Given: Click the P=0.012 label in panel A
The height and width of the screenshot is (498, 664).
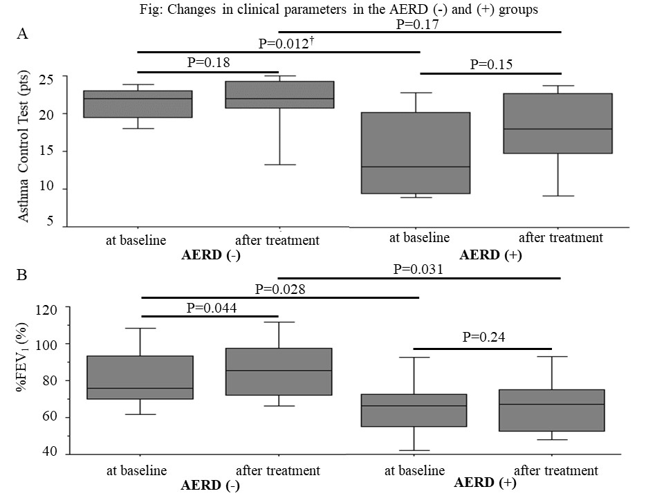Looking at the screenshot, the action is tap(286, 43).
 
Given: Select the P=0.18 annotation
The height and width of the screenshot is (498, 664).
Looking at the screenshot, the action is tap(208, 62).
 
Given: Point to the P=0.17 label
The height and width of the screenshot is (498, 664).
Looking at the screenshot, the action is tap(417, 24).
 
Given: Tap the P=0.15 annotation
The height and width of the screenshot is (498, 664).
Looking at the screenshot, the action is tap(491, 64).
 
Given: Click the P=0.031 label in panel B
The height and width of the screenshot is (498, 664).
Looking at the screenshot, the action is tap(418, 269).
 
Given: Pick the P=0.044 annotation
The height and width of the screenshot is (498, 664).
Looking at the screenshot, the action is tap(212, 307).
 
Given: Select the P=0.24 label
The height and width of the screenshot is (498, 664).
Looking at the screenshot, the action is tap(483, 337).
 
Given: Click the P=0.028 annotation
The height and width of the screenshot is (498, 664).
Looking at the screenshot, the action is tap(280, 289).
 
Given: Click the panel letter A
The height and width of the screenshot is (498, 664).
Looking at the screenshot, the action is tap(22, 33).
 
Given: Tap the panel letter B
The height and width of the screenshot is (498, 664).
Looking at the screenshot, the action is tap(21, 275).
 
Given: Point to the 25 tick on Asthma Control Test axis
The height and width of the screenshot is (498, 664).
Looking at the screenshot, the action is tap(46, 79).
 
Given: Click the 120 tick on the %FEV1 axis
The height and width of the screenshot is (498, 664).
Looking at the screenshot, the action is tap(46, 310).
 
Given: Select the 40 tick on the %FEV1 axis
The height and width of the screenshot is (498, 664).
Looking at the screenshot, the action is tap(50, 452).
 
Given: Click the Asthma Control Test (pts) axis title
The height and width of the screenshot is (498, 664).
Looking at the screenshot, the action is tap(24, 145).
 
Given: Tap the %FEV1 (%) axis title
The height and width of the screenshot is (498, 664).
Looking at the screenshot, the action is tap(23, 357).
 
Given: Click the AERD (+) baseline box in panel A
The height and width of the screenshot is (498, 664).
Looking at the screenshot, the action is tap(416, 153).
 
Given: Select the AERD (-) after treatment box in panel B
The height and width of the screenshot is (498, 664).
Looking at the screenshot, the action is tap(279, 372).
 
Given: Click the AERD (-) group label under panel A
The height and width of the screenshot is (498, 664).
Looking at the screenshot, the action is tap(211, 255).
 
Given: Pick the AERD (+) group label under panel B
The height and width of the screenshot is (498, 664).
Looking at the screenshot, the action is tap(485, 483).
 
